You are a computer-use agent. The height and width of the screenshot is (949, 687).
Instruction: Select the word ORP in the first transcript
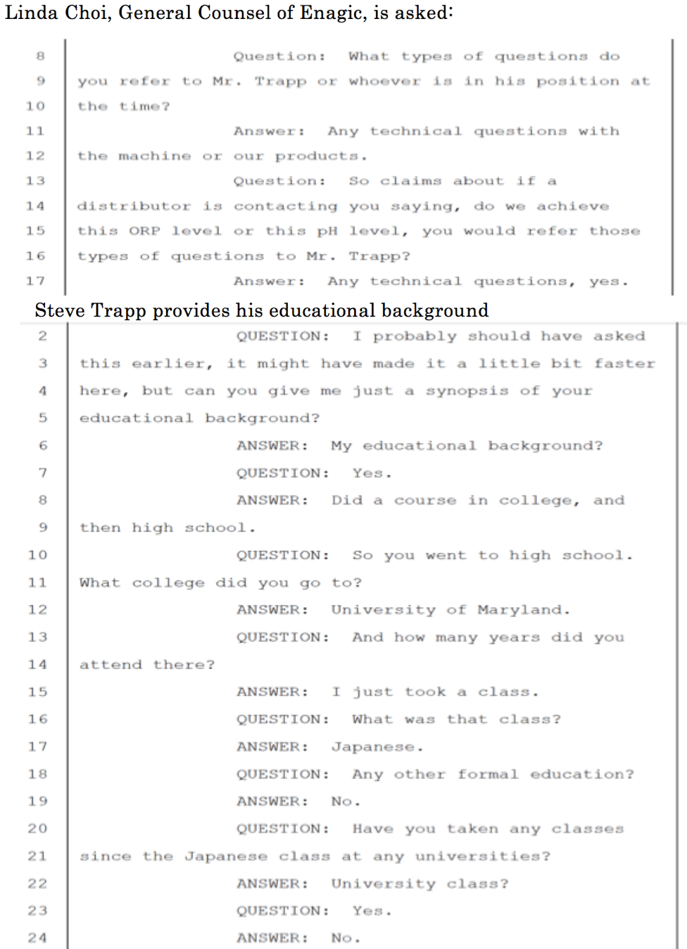(x=144, y=231)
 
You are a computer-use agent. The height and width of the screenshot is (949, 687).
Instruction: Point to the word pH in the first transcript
(x=327, y=231)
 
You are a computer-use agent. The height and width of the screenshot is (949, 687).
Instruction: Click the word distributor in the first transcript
(x=134, y=206)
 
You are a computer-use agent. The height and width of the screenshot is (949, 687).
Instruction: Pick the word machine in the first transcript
(x=154, y=156)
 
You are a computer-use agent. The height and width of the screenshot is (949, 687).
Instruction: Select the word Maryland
(x=523, y=610)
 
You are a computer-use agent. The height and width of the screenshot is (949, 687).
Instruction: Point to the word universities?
(x=482, y=857)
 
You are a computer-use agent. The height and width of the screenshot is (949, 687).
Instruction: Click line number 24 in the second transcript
(x=37, y=938)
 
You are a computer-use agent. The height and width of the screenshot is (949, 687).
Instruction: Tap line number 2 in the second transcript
(x=43, y=336)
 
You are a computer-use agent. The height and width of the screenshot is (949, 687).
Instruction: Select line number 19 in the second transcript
(x=37, y=801)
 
